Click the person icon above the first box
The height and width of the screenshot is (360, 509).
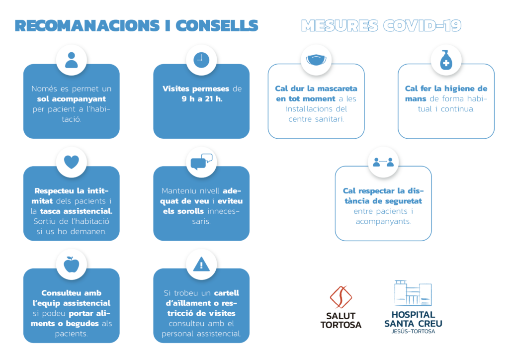(72, 60)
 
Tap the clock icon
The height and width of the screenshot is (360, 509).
(201, 60)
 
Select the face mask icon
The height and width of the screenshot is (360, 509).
(316, 60)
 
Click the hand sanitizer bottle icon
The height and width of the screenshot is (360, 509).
(446, 60)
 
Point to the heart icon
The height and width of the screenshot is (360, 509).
(72, 162)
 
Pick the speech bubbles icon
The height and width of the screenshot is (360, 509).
(201, 162)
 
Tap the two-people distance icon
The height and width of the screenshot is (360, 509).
(383, 162)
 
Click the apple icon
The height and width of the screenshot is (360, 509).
(72, 265)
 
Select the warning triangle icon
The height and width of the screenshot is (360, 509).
(201, 265)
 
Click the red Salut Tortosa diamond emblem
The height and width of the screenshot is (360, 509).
(341, 297)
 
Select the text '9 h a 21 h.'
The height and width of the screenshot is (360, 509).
(201, 99)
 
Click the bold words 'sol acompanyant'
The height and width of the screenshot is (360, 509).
(72, 99)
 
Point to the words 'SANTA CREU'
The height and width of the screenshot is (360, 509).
(413, 324)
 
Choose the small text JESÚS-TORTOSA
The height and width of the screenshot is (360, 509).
(413, 332)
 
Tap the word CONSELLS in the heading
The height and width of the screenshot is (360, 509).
(217, 25)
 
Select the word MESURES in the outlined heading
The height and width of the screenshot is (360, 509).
(339, 25)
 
